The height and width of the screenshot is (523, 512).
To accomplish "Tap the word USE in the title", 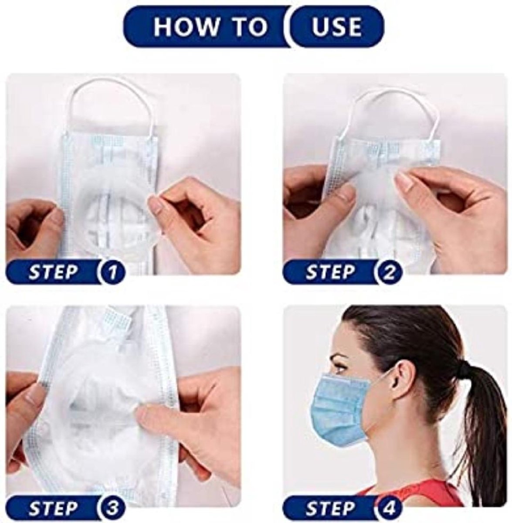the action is click(336, 27).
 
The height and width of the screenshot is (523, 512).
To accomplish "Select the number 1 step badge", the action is click(112, 272).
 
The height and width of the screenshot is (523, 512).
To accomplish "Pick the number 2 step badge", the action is click(389, 272).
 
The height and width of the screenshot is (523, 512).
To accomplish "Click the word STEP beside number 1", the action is click(53, 272).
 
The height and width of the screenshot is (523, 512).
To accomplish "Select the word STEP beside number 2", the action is click(330, 272).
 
